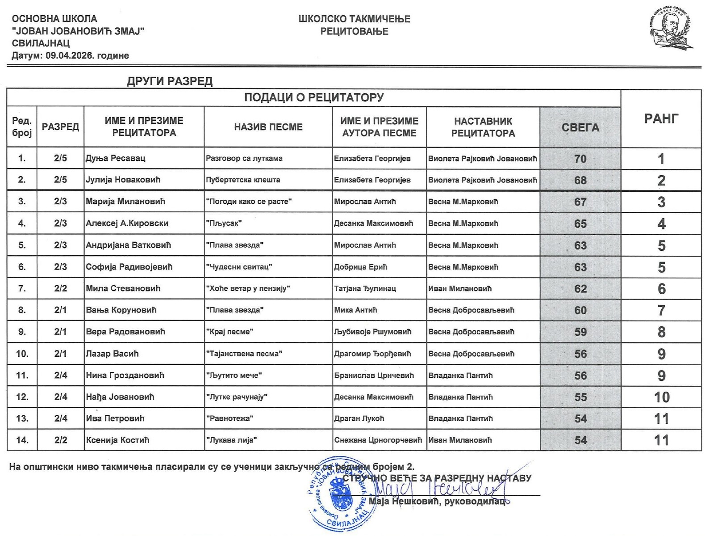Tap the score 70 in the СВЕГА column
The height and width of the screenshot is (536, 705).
(x=580, y=159)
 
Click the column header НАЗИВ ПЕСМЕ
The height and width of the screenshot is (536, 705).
(x=268, y=127)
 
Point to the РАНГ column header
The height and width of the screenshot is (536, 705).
(x=661, y=118)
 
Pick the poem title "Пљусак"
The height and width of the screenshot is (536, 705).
(x=224, y=223)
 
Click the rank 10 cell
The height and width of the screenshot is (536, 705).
(x=661, y=397)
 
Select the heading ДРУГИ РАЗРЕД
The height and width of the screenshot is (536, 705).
(x=170, y=81)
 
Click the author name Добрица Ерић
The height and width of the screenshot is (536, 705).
(x=361, y=267)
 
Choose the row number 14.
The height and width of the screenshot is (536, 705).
(x=22, y=440)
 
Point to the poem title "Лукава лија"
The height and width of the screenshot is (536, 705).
(x=231, y=440)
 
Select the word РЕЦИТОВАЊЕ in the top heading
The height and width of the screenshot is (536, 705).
(x=354, y=31)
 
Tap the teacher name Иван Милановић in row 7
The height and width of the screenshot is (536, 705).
(x=460, y=288)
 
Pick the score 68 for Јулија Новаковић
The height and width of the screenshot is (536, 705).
(x=580, y=180)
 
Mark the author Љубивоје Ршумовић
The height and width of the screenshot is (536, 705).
(x=373, y=332)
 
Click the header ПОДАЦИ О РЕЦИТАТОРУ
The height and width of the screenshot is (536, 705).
(x=314, y=97)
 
